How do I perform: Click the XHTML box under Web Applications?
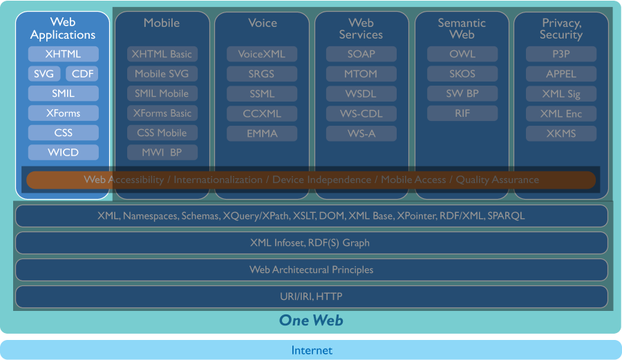(63, 54)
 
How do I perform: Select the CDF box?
(82, 74)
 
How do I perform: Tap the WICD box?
(63, 152)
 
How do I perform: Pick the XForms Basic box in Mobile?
(162, 113)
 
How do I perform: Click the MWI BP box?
(162, 152)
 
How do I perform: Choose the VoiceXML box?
(261, 54)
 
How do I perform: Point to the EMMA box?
(261, 133)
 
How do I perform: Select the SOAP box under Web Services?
(361, 54)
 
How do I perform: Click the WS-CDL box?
(361, 113)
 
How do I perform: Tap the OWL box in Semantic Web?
(462, 54)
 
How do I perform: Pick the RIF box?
(462, 113)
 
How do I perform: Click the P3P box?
(560, 54)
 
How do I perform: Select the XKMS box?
(560, 133)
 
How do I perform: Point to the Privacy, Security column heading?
(560, 29)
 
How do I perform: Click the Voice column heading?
(262, 23)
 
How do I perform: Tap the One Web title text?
(311, 320)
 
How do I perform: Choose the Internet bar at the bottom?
(311, 350)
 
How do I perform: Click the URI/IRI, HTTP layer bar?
(311, 297)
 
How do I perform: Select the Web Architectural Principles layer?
(311, 269)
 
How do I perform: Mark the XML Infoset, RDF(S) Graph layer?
(311, 243)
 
